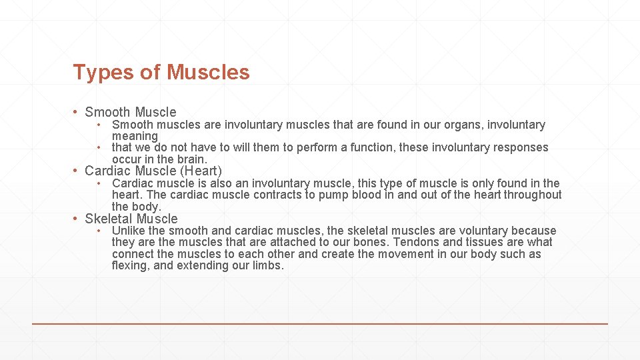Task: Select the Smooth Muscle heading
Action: [131, 112]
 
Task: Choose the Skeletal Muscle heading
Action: [131, 219]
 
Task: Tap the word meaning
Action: [135, 136]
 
